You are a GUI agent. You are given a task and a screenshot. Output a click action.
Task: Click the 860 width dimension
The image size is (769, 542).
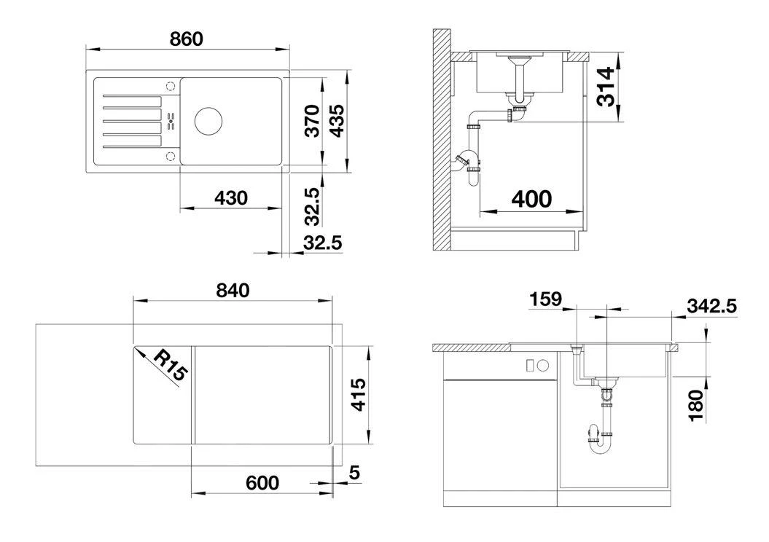pyautogui.click(x=187, y=39)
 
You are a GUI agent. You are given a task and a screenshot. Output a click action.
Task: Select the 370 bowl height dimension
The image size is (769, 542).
pyautogui.click(x=312, y=121)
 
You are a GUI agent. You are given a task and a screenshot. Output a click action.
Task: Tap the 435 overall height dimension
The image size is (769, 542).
pyautogui.click(x=337, y=121)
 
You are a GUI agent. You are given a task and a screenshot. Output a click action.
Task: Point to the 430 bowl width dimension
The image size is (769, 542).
pyautogui.click(x=231, y=198)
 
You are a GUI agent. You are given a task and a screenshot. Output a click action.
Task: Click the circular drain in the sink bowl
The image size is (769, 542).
pyautogui.click(x=208, y=121)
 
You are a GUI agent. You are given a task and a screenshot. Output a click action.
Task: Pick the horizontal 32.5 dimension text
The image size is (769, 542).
pyautogui.click(x=322, y=243)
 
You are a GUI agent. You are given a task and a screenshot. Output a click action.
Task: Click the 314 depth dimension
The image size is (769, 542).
pyautogui.click(x=606, y=87)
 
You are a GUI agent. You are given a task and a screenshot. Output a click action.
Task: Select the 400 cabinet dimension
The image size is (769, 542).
pyautogui.click(x=531, y=199)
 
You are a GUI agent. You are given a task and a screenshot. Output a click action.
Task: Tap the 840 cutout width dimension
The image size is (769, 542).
pyautogui.click(x=233, y=291)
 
